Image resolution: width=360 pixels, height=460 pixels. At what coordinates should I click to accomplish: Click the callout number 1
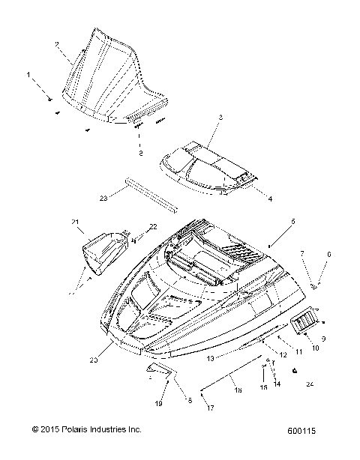[x=29, y=75]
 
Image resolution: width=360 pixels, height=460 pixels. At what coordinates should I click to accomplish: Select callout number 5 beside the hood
[x=293, y=223]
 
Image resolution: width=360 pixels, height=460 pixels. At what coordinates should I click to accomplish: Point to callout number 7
[x=302, y=253]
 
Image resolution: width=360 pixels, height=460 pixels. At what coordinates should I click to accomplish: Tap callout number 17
[x=211, y=408]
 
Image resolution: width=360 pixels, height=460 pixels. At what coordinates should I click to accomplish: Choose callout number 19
[x=158, y=404]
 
